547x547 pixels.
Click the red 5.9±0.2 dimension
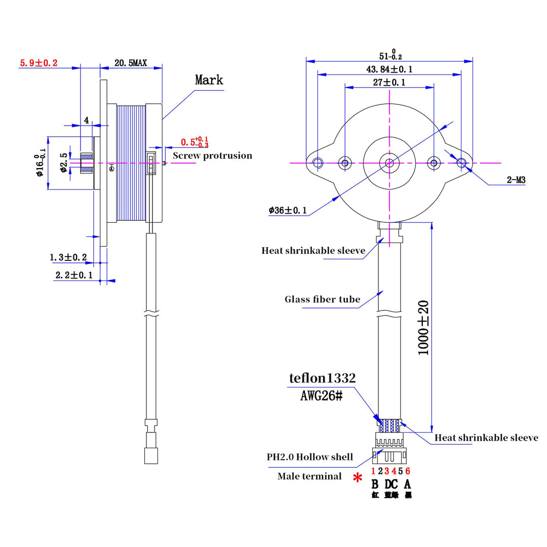pos(38,63)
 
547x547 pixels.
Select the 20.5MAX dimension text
pos(130,63)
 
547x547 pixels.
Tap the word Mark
pos(209,80)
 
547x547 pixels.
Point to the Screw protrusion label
pos(212,155)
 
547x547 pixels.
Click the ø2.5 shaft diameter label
pos(63,163)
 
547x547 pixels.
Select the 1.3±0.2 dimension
pos(68,258)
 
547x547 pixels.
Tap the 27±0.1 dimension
pos(389,82)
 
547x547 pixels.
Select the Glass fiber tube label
pos(322,299)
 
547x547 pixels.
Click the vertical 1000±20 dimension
pos(423,328)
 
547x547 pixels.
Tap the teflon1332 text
pos(322,378)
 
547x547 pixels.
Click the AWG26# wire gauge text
pos(322,396)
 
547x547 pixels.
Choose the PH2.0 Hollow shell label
pos(310,457)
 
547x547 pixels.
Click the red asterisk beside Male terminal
pos(358,478)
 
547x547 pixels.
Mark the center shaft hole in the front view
pos(389,163)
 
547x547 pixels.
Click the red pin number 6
pos(408,472)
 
